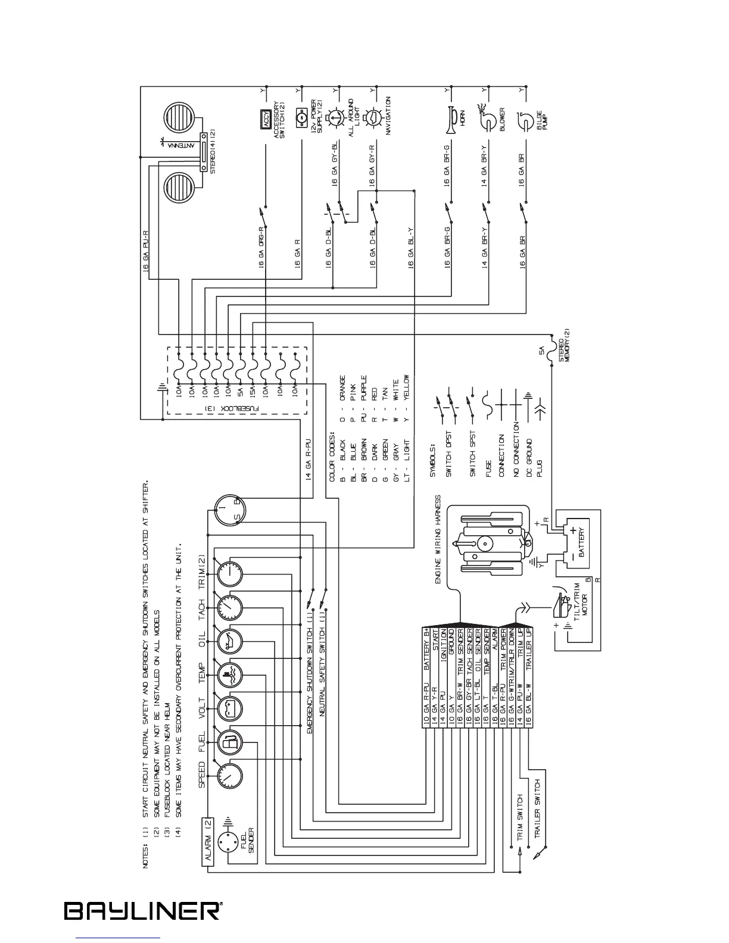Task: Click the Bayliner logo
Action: tap(143, 911)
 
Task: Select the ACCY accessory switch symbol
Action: tap(267, 119)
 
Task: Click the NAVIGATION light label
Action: tap(388, 116)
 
